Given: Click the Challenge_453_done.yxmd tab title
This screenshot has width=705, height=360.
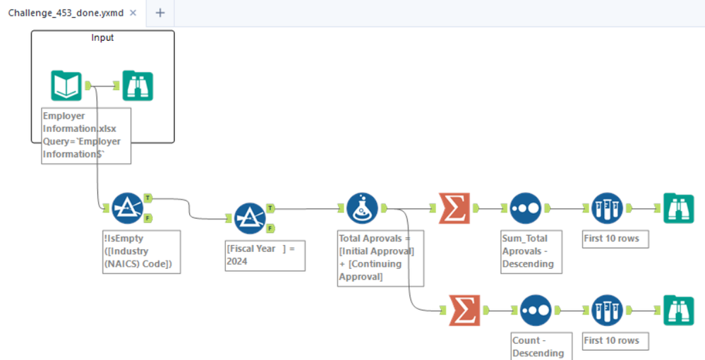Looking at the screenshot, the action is pos(66,13).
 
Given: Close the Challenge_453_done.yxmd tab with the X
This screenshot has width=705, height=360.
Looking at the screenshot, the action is pos(133,13).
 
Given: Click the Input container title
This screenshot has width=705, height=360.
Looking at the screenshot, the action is pos(102,38).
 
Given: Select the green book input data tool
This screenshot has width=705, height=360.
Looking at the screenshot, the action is pos(66,85).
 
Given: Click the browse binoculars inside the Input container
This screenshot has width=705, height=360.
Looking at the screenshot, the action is pos(138,85).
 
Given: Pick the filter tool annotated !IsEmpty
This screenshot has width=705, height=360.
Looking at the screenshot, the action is pos(127,208).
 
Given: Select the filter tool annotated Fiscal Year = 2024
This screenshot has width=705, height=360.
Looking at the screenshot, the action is pos(250,218).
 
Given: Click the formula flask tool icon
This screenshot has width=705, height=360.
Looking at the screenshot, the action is pos(363,208).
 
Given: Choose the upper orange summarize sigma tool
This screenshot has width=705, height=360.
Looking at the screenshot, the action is pos(454,208).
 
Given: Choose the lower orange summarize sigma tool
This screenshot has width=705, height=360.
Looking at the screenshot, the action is pos(464,311).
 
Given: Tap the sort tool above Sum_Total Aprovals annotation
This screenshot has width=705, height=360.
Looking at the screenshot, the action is pos(526,208).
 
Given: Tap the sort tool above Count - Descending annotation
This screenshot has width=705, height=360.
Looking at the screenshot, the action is pos(536,311).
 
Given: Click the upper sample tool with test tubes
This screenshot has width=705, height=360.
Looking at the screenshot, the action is pos(607,208).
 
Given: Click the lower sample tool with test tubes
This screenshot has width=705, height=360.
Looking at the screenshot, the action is pos(607,311).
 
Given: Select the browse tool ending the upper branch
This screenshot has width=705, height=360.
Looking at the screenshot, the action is pos(679,208).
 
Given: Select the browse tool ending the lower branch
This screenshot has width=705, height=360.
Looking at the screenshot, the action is pos(679,311).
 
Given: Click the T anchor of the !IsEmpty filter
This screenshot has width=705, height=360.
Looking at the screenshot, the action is pos(148,198).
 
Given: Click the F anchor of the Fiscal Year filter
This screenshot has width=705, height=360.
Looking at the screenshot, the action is pos(270,229).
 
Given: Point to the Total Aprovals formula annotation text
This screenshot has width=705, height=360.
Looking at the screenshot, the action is pos(376,258).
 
